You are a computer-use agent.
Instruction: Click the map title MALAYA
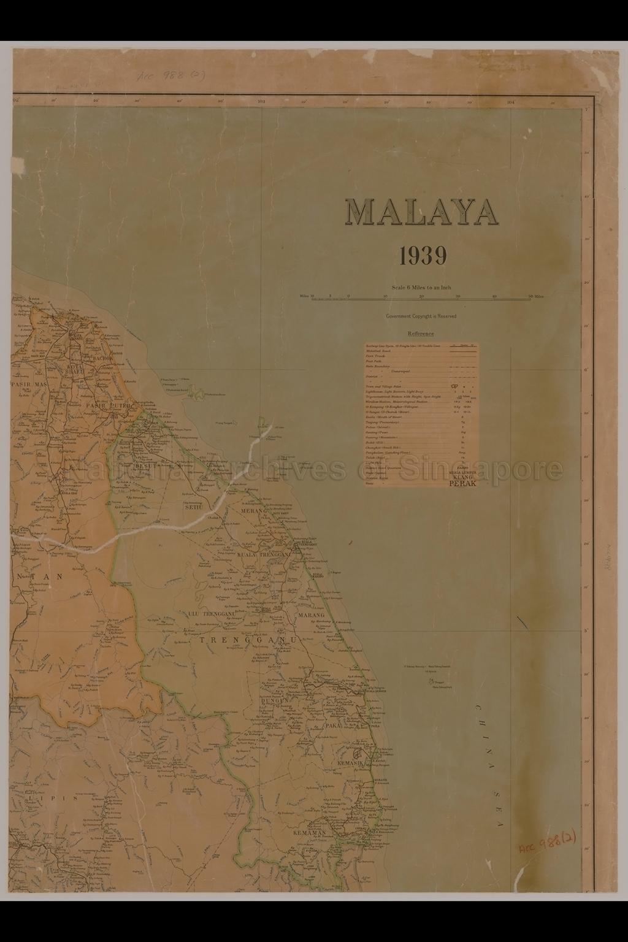pos(422,212)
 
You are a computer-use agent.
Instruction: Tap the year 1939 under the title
pos(423,256)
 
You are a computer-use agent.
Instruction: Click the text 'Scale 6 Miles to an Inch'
pos(421,288)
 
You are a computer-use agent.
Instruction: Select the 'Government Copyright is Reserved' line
pos(421,316)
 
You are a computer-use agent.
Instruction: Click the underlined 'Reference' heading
pos(421,334)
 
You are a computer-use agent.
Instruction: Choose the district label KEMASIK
pos(351,764)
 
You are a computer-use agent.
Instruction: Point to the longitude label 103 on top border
pos(261,102)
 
